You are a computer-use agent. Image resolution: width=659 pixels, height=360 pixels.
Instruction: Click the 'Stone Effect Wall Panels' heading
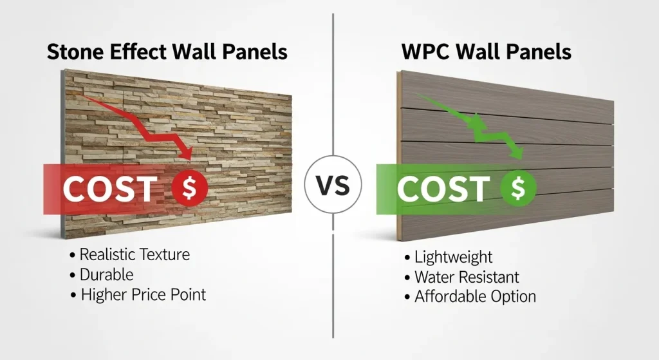coord(167,52)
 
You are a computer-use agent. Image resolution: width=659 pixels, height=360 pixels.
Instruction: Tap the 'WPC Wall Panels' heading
coord(487,52)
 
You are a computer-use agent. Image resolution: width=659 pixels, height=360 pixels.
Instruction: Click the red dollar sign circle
coord(190,188)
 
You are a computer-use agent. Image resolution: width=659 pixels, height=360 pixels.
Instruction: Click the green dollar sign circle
coord(518,188)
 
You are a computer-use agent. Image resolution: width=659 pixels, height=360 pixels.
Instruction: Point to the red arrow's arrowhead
coord(187,153)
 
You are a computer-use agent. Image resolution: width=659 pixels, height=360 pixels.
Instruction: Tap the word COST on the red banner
coord(109,189)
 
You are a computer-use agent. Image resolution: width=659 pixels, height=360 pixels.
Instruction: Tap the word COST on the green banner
coord(442,189)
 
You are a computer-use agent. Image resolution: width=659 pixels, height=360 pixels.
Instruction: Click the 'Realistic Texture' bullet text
coord(135,254)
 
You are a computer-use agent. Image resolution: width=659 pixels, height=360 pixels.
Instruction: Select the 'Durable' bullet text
coord(107,274)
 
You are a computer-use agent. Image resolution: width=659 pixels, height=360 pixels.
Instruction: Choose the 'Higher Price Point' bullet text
coord(143,295)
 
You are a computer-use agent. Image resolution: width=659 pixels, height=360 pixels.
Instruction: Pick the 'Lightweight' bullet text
coord(453,257)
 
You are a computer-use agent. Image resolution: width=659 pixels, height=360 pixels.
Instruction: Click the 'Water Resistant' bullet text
coord(467,277)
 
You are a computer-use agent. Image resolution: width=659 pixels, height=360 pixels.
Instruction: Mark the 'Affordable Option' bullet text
coord(475,297)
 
